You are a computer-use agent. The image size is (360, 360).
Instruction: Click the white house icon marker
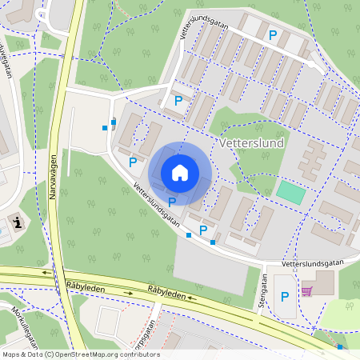(x=179, y=172)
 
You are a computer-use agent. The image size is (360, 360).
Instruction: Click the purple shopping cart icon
(x=306, y=291)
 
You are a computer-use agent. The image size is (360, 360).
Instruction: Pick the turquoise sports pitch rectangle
(x=290, y=192)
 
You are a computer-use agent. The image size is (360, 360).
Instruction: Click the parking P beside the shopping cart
(x=285, y=297)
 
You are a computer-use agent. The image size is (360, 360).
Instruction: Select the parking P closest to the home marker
(x=172, y=202)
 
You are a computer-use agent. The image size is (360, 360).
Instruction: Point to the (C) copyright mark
(x=50, y=354)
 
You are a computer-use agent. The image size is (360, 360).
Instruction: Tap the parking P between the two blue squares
(x=202, y=230)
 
